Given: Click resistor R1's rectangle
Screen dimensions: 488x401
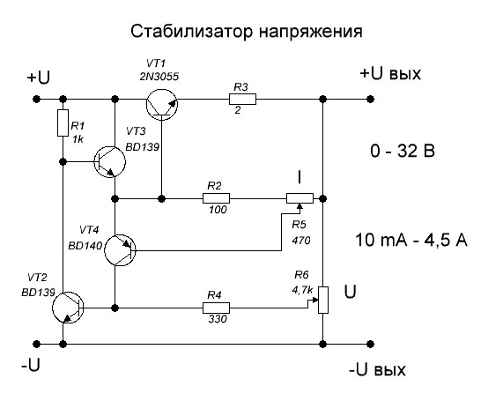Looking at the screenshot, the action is [x=63, y=123].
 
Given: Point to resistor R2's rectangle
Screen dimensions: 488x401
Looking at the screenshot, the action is [x=216, y=198].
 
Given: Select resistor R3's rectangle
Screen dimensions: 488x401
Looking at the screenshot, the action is [x=242, y=99].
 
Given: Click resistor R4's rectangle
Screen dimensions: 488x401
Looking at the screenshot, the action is [x=216, y=308].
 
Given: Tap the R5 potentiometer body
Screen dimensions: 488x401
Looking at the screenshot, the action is [x=299, y=198].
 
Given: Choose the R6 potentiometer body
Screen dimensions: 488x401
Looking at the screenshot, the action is [x=323, y=300].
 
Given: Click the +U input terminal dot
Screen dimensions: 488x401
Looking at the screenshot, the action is [x=37, y=99].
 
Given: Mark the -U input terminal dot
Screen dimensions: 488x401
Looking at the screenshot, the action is [x=37, y=344].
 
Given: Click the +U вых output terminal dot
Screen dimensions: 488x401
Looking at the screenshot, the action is [x=370, y=99].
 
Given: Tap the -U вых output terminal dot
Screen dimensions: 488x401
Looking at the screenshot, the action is [x=370, y=344].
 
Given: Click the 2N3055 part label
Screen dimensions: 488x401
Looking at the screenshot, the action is [x=159, y=77].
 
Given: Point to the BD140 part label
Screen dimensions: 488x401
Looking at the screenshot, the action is [x=85, y=246].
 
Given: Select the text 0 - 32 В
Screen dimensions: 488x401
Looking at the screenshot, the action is [x=403, y=152].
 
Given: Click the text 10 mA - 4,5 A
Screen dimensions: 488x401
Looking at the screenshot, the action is [x=411, y=241].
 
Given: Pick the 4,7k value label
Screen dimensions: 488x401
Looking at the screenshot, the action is [x=302, y=290].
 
